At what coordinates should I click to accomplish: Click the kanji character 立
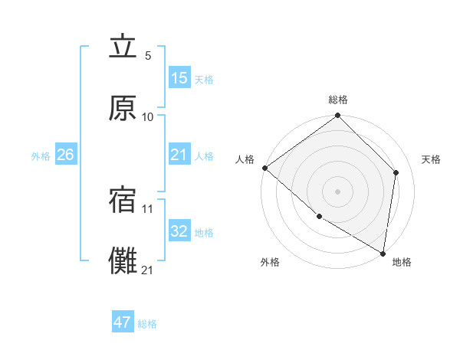[123, 47]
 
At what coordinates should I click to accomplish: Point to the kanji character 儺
[123, 260]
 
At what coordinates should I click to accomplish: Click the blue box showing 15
[179, 78]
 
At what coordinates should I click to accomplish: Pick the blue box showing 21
[179, 155]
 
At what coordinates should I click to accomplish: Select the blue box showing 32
[179, 232]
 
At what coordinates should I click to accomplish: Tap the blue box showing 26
[65, 155]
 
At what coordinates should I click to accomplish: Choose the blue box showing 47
[123, 322]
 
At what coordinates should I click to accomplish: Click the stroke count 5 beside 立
[148, 56]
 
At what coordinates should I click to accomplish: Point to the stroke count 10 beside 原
[148, 116]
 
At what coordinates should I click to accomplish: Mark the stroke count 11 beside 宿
[148, 208]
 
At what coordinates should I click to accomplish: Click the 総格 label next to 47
[147, 324]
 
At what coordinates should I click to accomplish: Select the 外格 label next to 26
[41, 156]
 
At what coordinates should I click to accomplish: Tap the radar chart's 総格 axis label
[338, 100]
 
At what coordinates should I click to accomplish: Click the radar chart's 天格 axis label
[431, 159]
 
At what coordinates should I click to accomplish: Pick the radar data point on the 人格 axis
[264, 168]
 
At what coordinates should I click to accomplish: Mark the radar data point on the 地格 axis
[383, 253]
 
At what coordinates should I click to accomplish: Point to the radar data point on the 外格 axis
[319, 217]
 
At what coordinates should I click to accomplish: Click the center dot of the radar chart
[337, 191]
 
